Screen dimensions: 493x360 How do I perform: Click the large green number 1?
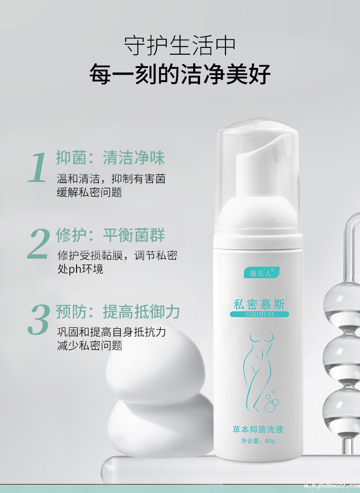coord(38,168)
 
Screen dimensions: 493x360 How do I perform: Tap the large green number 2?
coord(38,244)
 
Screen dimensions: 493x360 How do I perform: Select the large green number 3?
coord(38,320)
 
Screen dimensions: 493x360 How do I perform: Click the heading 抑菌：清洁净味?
coord(110,158)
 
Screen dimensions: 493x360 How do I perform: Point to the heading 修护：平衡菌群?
coord(110,235)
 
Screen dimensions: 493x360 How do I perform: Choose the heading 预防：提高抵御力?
coord(118,311)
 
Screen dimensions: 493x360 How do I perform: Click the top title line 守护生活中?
coord(180,46)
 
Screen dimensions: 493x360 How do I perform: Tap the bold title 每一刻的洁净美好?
coord(180,74)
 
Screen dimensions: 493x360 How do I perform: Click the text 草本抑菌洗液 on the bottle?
coord(258,429)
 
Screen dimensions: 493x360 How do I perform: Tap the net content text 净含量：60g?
coord(258,441)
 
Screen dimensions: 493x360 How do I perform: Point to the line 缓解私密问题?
coord(89,192)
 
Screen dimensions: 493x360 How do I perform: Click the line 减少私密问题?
coord(89,345)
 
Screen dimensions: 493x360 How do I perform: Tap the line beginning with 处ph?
coord(80,269)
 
